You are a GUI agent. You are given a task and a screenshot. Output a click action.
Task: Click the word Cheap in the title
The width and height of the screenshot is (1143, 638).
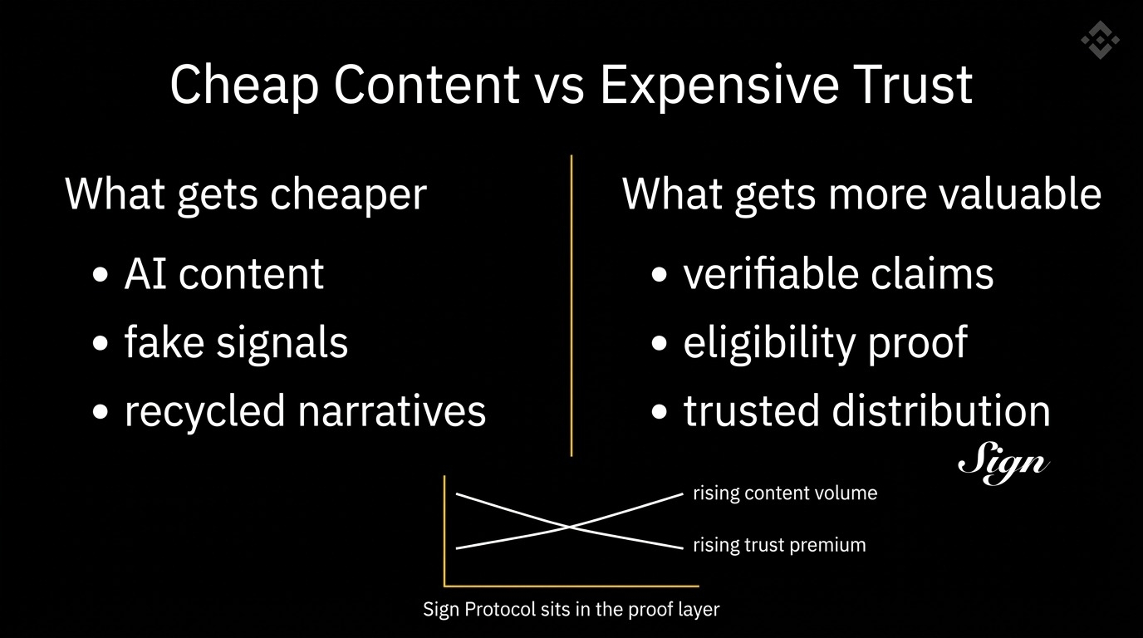click(x=245, y=86)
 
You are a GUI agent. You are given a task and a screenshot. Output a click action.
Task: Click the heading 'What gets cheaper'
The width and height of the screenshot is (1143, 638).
click(x=246, y=195)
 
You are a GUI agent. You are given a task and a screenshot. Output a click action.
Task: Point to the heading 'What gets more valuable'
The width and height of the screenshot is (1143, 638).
click(x=862, y=195)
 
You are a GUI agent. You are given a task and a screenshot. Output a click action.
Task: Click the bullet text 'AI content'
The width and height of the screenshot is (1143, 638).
click(x=224, y=273)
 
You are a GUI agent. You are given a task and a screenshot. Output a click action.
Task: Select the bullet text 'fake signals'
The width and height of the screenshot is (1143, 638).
click(x=236, y=342)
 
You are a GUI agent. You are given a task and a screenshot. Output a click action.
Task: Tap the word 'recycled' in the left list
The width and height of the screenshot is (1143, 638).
click(x=205, y=411)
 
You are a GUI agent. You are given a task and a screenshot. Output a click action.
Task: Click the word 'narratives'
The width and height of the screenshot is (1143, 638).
click(x=392, y=411)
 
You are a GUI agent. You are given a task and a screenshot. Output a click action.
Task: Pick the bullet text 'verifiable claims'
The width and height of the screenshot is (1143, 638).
click(x=838, y=273)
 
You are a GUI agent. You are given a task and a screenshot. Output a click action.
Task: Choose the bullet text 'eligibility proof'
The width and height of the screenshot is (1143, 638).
click(x=826, y=343)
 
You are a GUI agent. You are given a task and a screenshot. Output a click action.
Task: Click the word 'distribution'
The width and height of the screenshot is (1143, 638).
click(x=941, y=410)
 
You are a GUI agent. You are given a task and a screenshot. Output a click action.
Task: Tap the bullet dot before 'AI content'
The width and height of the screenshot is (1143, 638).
click(x=101, y=275)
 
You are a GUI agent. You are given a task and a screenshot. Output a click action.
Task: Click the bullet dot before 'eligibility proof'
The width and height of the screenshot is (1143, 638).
click(x=660, y=343)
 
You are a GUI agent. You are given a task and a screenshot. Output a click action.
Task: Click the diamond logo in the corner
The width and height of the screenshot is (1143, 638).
click(x=1100, y=40)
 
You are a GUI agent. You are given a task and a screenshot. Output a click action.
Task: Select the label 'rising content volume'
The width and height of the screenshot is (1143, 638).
click(x=785, y=493)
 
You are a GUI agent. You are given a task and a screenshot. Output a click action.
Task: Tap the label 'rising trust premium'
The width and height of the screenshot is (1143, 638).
click(x=779, y=545)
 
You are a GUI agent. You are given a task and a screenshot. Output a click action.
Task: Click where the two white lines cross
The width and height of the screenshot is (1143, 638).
click(x=569, y=527)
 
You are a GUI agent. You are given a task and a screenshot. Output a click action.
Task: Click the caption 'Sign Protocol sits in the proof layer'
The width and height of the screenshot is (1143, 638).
click(x=571, y=610)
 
